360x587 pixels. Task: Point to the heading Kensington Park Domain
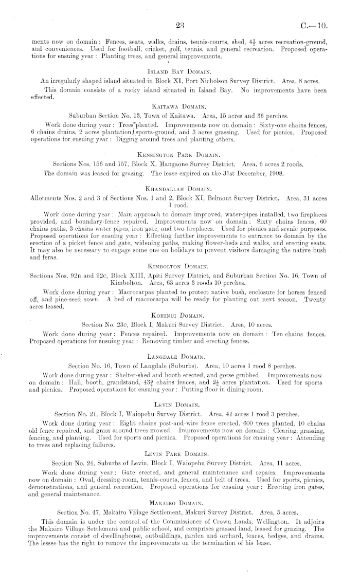tap(179, 154)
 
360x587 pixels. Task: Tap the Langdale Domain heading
tap(179, 356)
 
